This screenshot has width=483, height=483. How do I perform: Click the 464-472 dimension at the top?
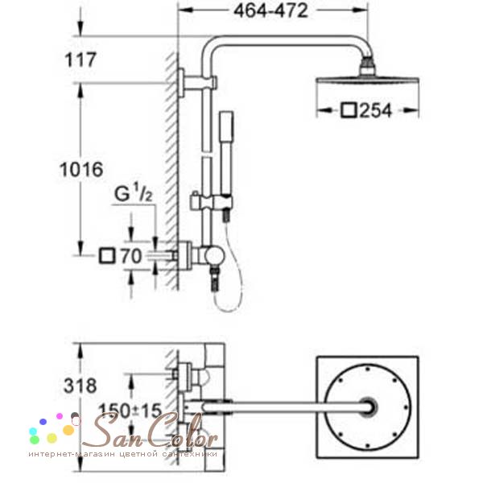[x=270, y=11]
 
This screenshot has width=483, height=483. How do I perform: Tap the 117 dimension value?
[x=80, y=60]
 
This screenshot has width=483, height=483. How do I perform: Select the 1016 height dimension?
[x=81, y=170]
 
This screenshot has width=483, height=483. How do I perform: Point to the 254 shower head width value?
[x=376, y=110]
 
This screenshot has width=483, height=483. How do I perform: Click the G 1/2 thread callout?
[x=134, y=193]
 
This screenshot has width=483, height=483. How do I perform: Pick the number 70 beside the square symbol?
[x=131, y=256]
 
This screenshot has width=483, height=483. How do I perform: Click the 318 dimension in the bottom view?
[x=80, y=386]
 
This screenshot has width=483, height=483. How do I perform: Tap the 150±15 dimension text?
[x=130, y=411]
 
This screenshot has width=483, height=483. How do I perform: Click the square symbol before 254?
[x=349, y=110]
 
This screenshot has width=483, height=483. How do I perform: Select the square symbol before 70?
[x=107, y=256]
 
